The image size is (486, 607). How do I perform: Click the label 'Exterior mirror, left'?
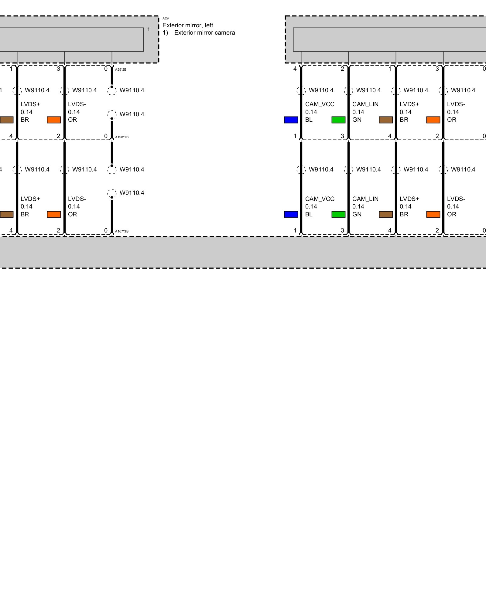coord(188,25)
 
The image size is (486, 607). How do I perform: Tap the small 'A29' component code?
coord(166,19)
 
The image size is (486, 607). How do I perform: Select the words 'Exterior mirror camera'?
coord(204,33)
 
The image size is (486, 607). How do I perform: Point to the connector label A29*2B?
coord(121,70)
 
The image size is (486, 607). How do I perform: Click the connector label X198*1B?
coord(122,137)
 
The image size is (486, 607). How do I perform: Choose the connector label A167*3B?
coord(122,231)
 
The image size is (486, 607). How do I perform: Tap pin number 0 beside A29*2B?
coord(106,69)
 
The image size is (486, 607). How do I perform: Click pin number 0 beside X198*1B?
coord(106,136)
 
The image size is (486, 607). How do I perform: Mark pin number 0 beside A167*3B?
coord(106,230)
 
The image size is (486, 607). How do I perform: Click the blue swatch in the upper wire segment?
coord(291,120)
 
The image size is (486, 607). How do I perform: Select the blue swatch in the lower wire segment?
coord(291,215)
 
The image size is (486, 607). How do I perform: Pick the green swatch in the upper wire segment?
coord(338,120)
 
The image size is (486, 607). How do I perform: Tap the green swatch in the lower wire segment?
coord(338,215)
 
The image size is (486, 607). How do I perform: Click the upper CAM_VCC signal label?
coord(320,104)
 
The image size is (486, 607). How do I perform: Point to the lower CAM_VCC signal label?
coord(320,199)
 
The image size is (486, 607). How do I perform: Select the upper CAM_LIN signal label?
coord(365,104)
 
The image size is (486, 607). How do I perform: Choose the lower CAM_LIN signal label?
coord(365,199)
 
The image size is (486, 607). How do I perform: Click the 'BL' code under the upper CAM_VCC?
coord(309,120)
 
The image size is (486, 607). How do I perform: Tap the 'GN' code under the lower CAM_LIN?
coord(357,215)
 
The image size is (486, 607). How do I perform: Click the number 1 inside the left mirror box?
coord(149,30)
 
